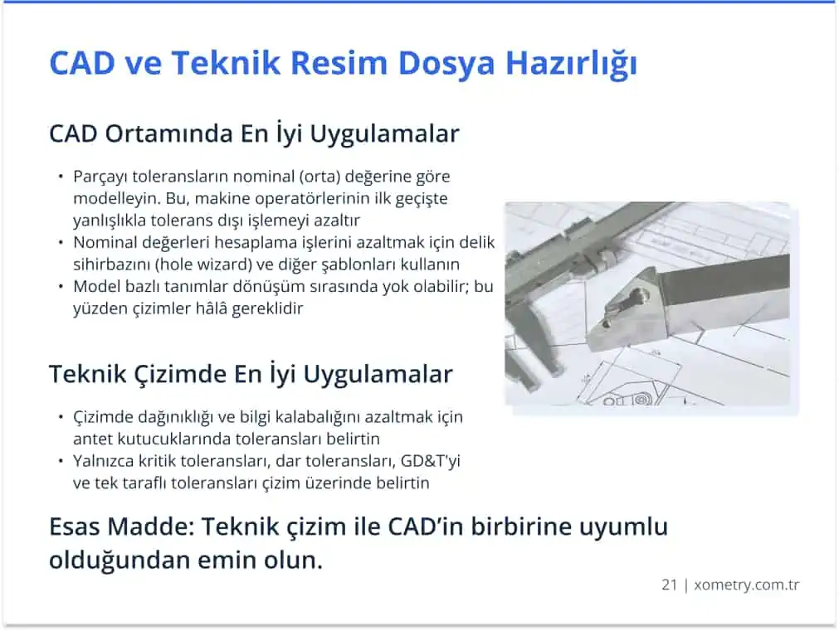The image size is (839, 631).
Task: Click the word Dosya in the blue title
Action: (x=446, y=64)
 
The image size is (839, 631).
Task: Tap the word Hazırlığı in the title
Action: (x=571, y=64)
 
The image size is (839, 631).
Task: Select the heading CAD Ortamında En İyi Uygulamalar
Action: (x=254, y=133)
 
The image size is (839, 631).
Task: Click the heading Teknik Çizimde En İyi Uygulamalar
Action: (x=251, y=374)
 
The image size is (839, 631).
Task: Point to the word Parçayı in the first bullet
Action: (x=100, y=177)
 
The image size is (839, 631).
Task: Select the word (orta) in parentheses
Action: (x=319, y=177)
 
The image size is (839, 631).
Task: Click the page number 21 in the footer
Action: (x=669, y=585)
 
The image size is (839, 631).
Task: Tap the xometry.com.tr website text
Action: (x=746, y=585)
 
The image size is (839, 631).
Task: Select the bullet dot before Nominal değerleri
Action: (x=61, y=242)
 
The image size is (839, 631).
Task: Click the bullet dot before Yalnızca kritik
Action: (x=61, y=460)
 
